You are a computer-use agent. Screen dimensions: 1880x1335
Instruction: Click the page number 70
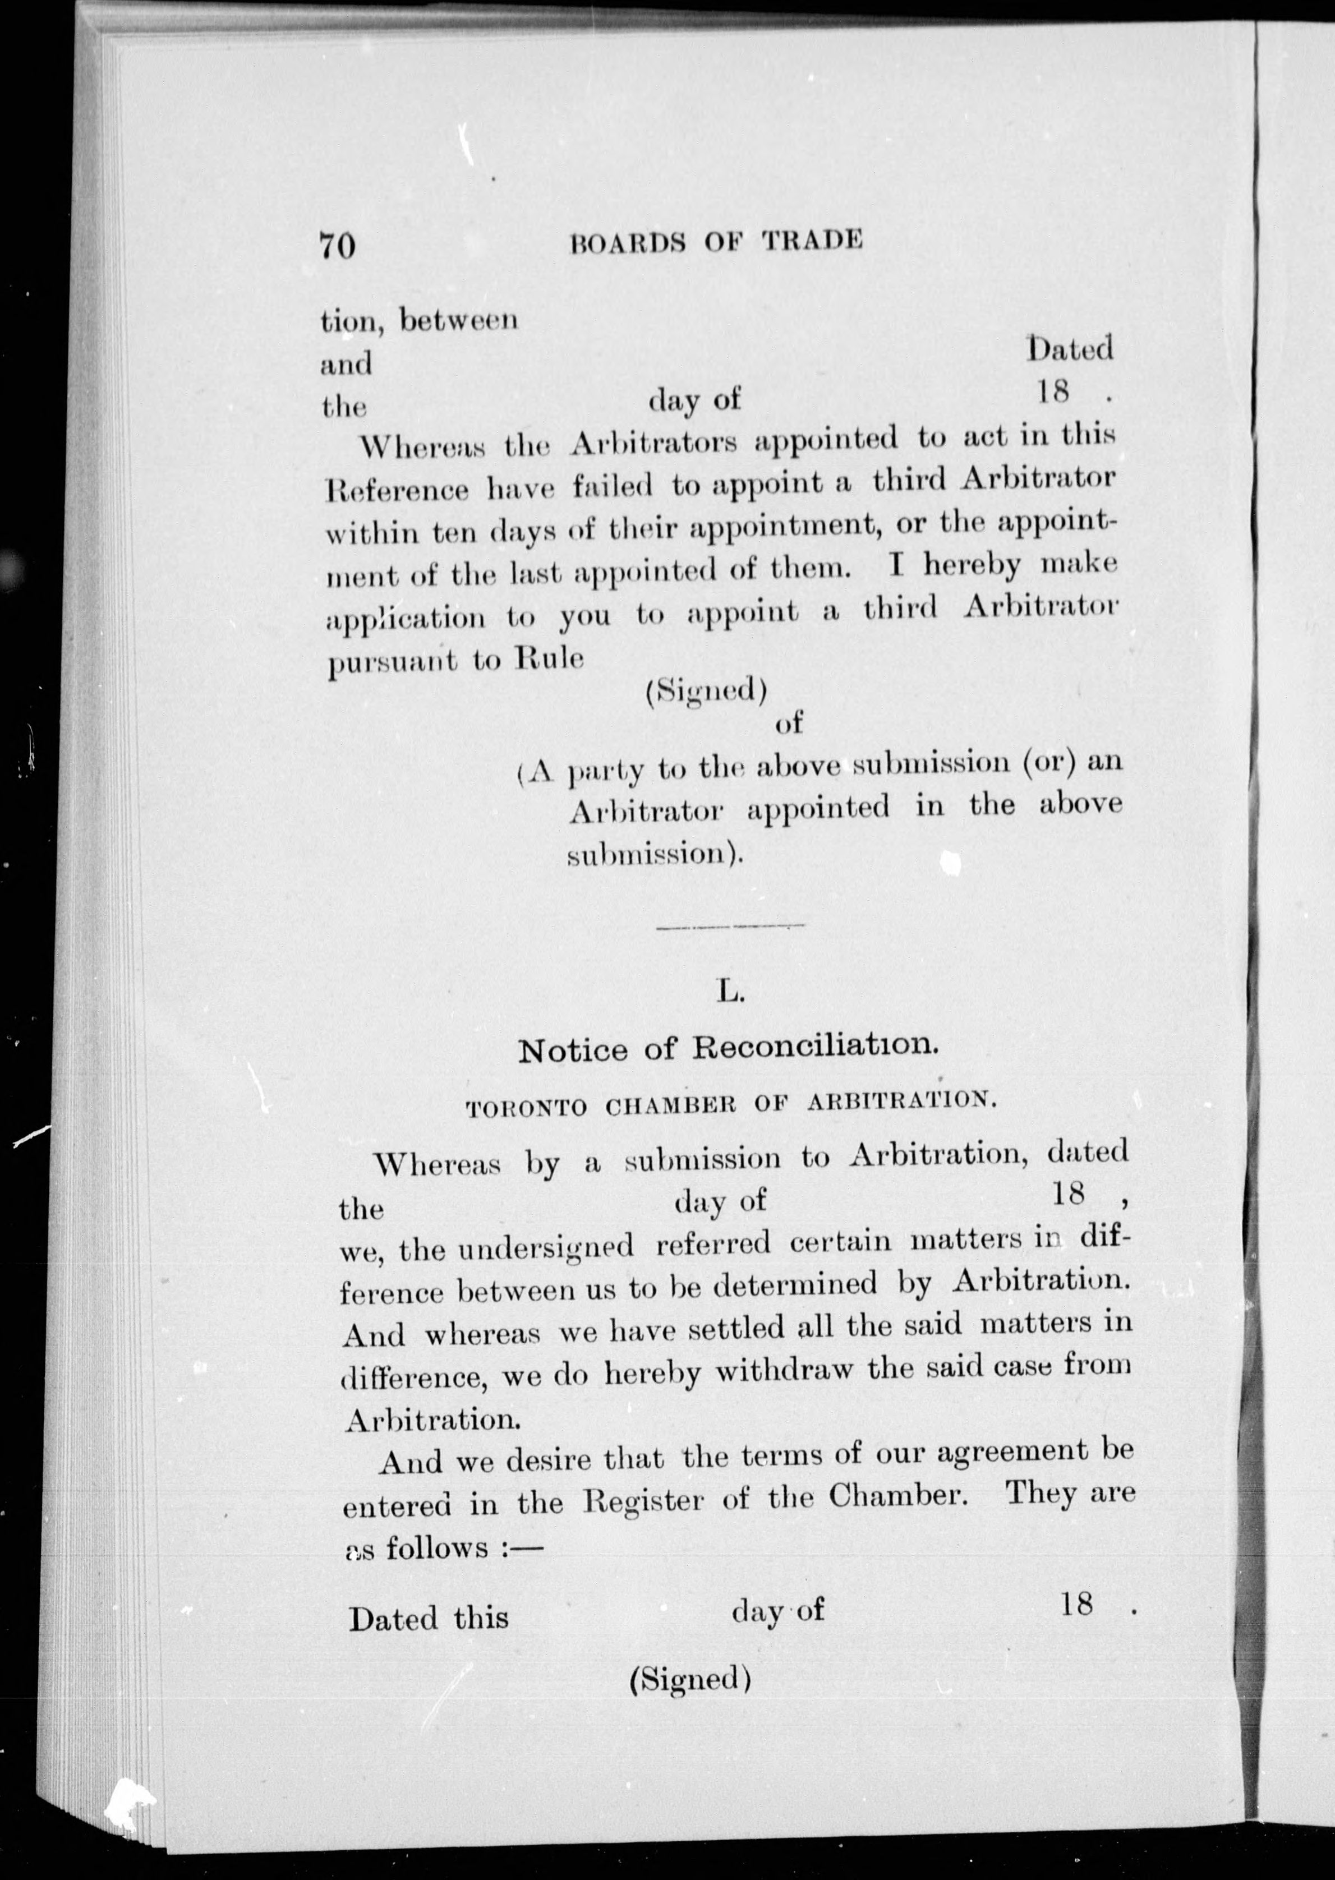pos(338,246)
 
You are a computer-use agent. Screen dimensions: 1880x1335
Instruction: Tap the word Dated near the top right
pos(1070,349)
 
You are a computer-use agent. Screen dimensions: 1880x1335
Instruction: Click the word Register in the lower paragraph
pos(643,1502)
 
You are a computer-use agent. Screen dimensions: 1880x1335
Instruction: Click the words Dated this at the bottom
pos(429,1619)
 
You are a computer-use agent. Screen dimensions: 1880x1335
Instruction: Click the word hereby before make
pos(972,565)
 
